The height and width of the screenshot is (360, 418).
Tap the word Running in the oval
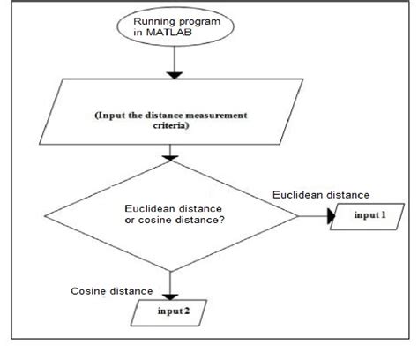click(153, 21)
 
